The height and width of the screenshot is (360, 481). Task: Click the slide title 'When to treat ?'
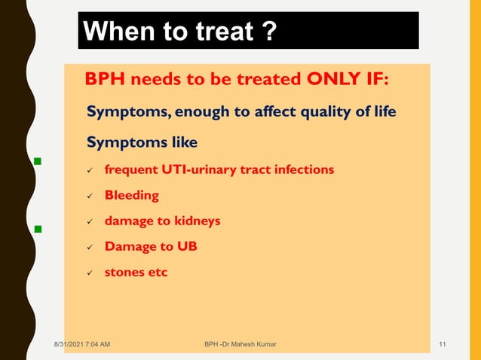(x=179, y=32)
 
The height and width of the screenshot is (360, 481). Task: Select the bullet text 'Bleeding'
(x=131, y=195)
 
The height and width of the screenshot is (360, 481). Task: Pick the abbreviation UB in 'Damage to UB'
(x=186, y=246)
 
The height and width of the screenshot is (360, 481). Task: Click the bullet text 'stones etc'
(x=136, y=272)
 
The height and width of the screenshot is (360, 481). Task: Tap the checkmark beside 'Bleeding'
(x=89, y=197)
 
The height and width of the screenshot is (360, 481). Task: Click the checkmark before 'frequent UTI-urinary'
(x=89, y=171)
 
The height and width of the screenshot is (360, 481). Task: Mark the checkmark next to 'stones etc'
(x=89, y=273)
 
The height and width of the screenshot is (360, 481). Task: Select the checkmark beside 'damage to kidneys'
(x=89, y=222)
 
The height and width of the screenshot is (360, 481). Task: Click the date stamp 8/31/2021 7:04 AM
(x=82, y=344)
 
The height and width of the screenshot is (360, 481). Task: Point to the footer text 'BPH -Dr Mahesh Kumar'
(x=240, y=344)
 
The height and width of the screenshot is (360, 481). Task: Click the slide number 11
(x=443, y=344)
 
